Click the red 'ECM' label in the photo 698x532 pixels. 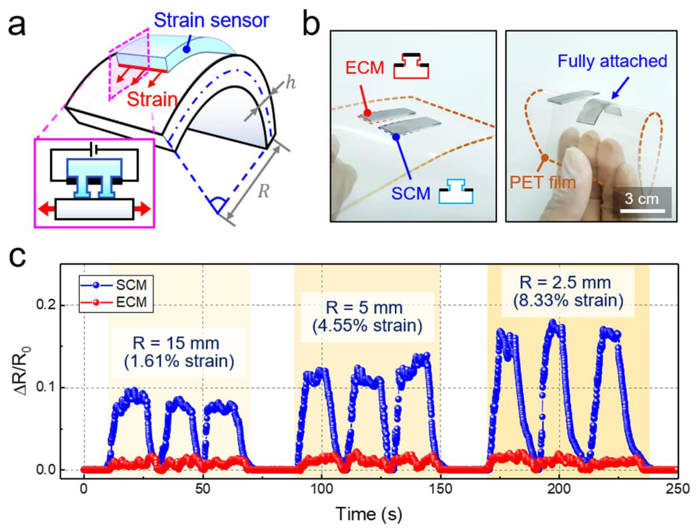tap(365, 68)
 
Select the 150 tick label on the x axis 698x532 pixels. tap(441, 489)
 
